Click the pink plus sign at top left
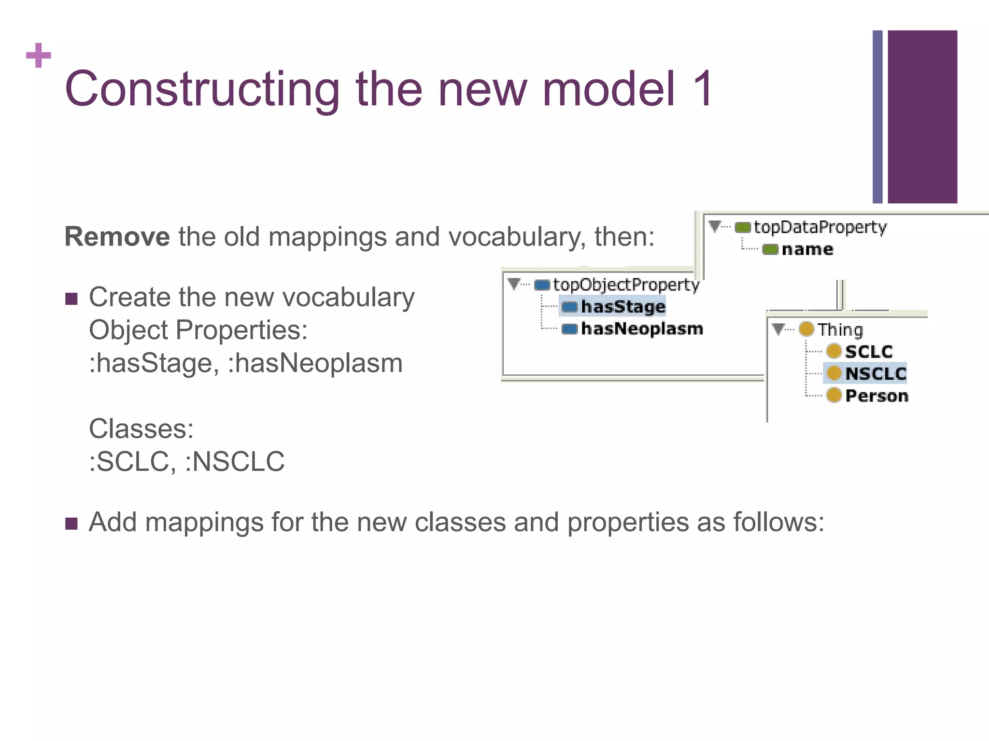pos(39,55)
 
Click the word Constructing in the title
pos(203,89)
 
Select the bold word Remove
pos(117,237)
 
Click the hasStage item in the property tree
pos(623,306)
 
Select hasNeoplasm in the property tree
pos(642,329)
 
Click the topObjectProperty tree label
pos(626,285)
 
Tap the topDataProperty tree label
pos(820,227)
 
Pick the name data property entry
pos(807,249)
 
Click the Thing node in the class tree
pos(840,329)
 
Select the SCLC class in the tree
pos(869,352)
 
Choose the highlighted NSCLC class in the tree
pos(876,373)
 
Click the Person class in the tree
pos(876,396)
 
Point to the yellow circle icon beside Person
pos(834,395)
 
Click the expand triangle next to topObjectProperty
pos(514,284)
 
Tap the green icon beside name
pos(770,249)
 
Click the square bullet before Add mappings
pos(71,523)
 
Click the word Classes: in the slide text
pos(141,428)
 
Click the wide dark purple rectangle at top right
pos(922,117)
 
